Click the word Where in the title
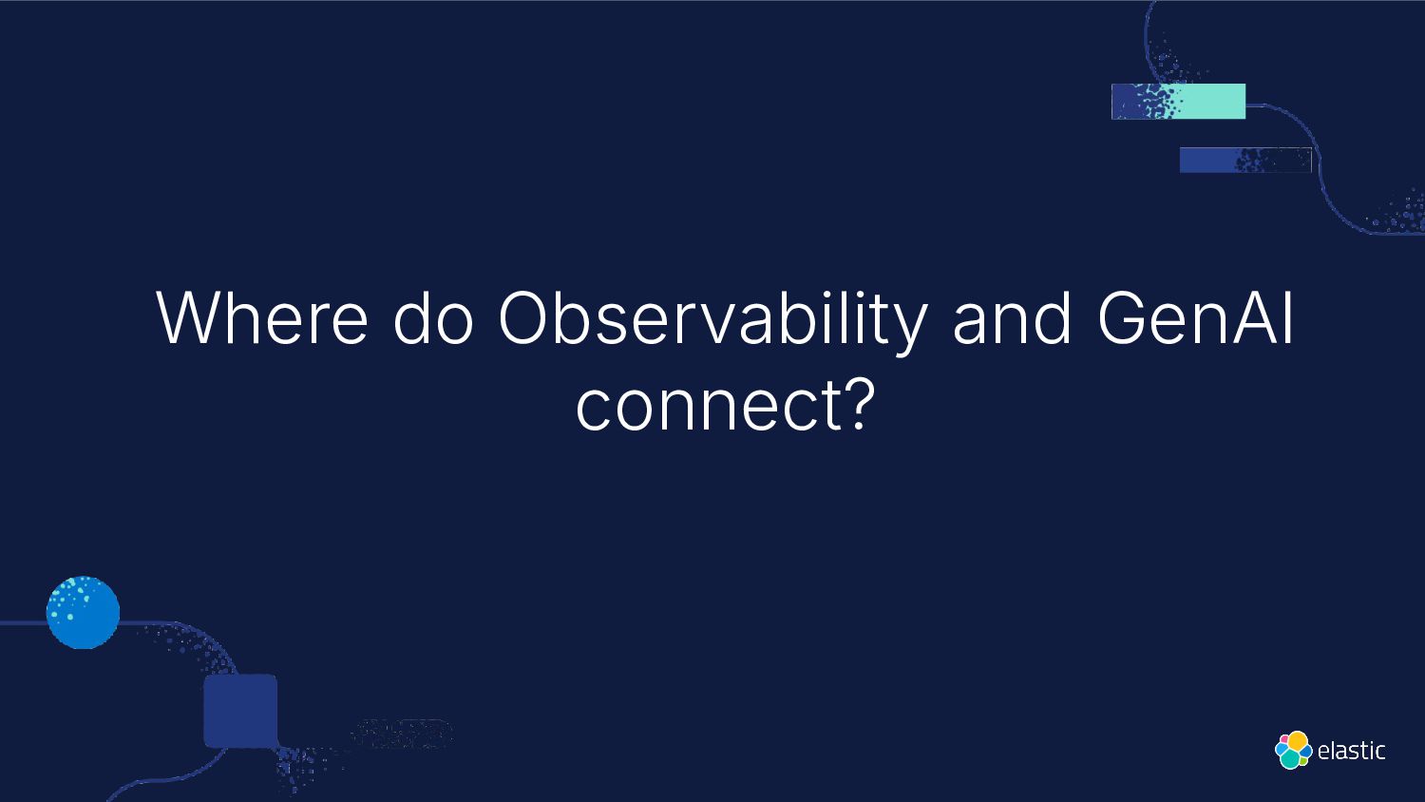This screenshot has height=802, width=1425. (262, 317)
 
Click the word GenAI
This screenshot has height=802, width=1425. (1195, 317)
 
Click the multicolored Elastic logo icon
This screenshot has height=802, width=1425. (1293, 750)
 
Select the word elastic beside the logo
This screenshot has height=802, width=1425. (1351, 751)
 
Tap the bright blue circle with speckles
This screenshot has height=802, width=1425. (83, 612)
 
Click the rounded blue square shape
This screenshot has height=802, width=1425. (240, 711)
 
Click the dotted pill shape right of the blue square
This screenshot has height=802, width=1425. (402, 734)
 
